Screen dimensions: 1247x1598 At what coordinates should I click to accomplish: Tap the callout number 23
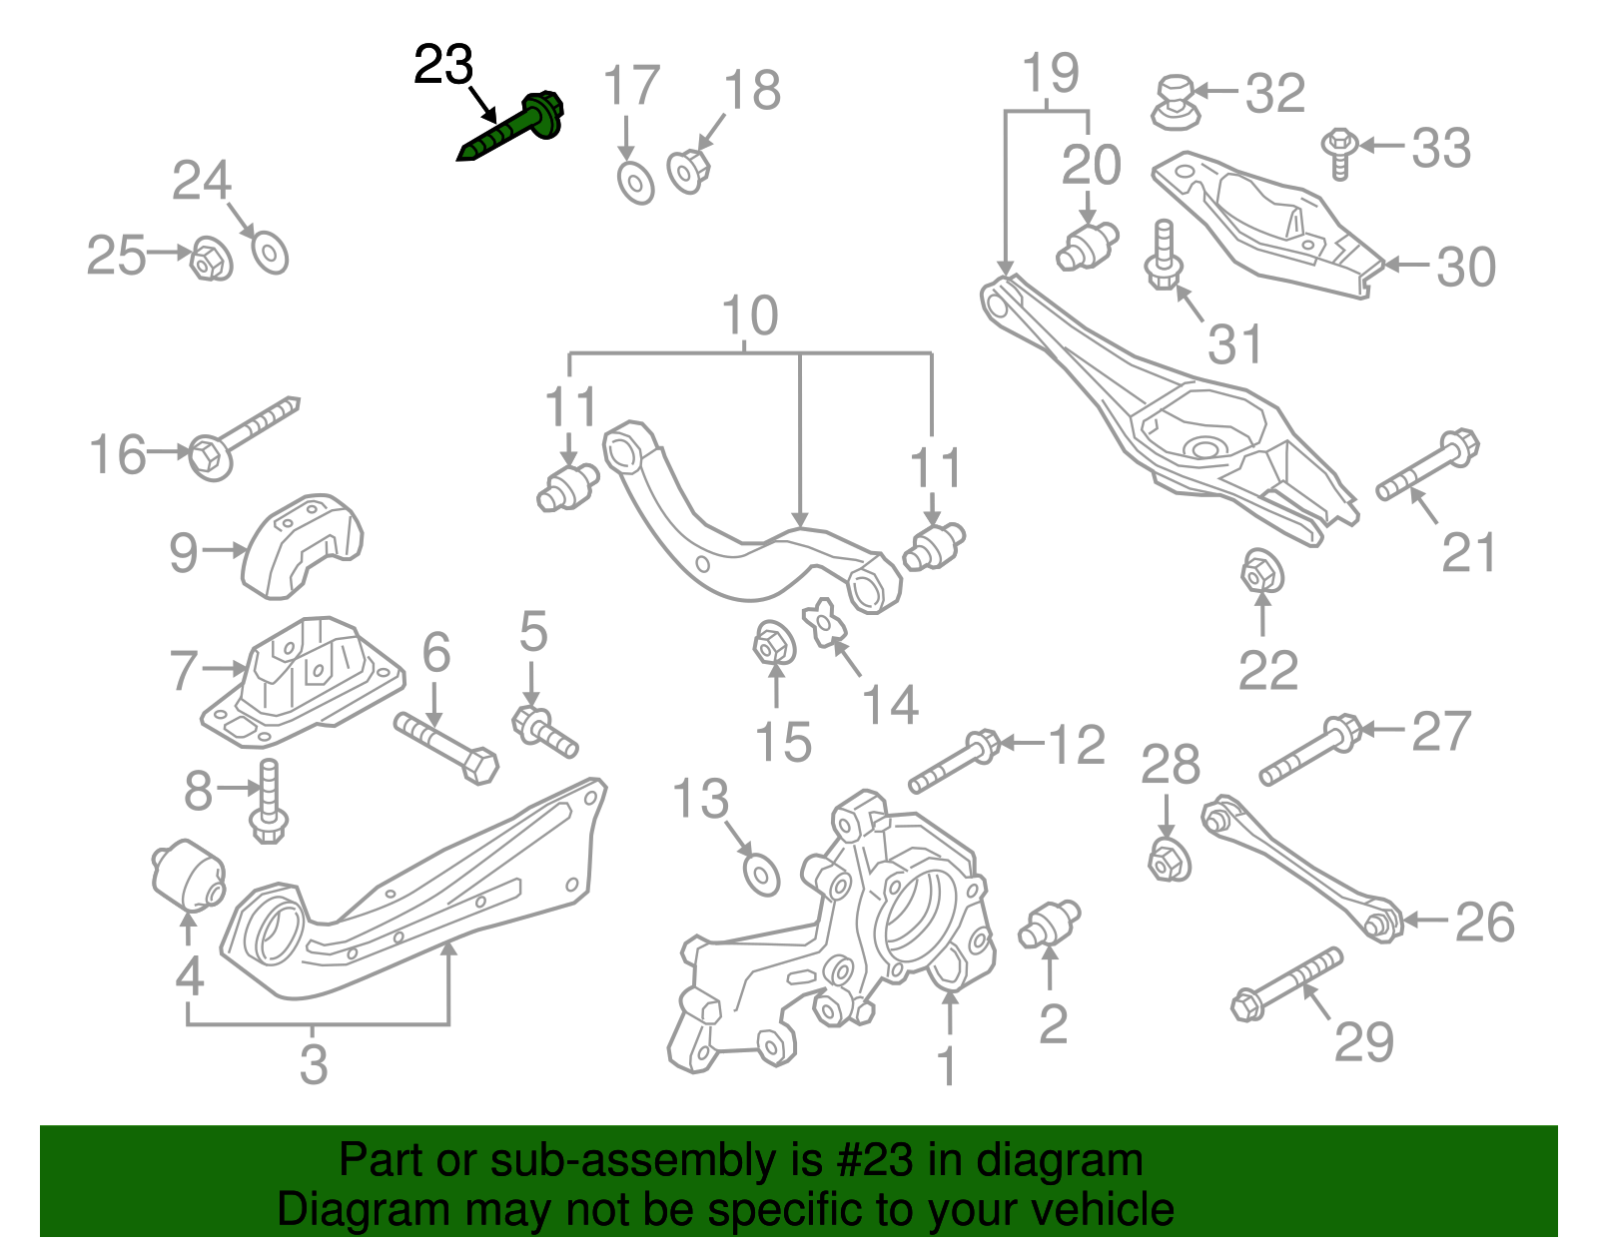442,66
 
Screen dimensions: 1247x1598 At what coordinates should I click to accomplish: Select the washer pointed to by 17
635,182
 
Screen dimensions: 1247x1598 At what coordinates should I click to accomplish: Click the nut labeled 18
688,170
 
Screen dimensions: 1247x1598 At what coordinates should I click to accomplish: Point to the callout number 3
314,1064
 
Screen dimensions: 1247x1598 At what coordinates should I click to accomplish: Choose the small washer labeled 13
762,876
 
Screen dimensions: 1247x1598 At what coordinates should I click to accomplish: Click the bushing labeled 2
1049,924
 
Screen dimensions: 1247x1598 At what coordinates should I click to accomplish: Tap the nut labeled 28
1168,859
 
